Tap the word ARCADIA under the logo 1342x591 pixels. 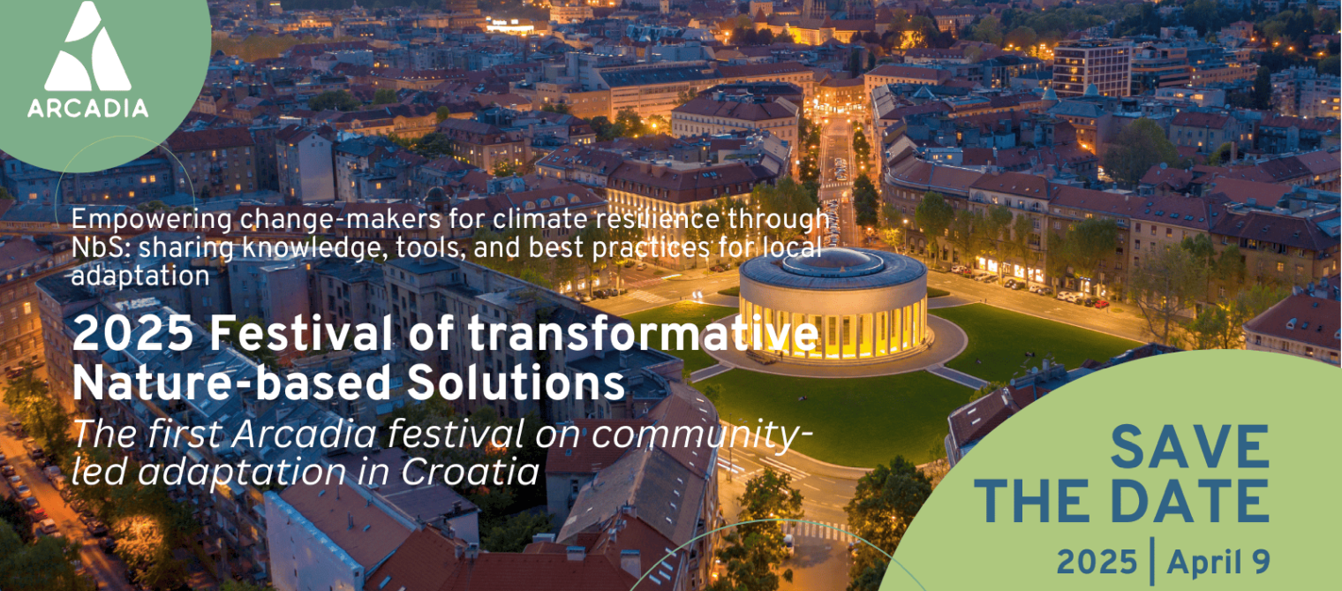click(x=88, y=109)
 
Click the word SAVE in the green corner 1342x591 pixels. click(x=1190, y=446)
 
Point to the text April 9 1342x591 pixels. click(x=1218, y=562)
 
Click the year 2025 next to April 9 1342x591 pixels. click(x=1097, y=562)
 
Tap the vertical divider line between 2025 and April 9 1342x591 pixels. click(x=1152, y=561)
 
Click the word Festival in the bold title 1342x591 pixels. click(x=301, y=333)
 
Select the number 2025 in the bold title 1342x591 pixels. click(x=133, y=333)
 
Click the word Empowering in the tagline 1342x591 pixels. click(x=152, y=220)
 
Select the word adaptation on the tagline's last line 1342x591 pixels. click(x=140, y=276)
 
